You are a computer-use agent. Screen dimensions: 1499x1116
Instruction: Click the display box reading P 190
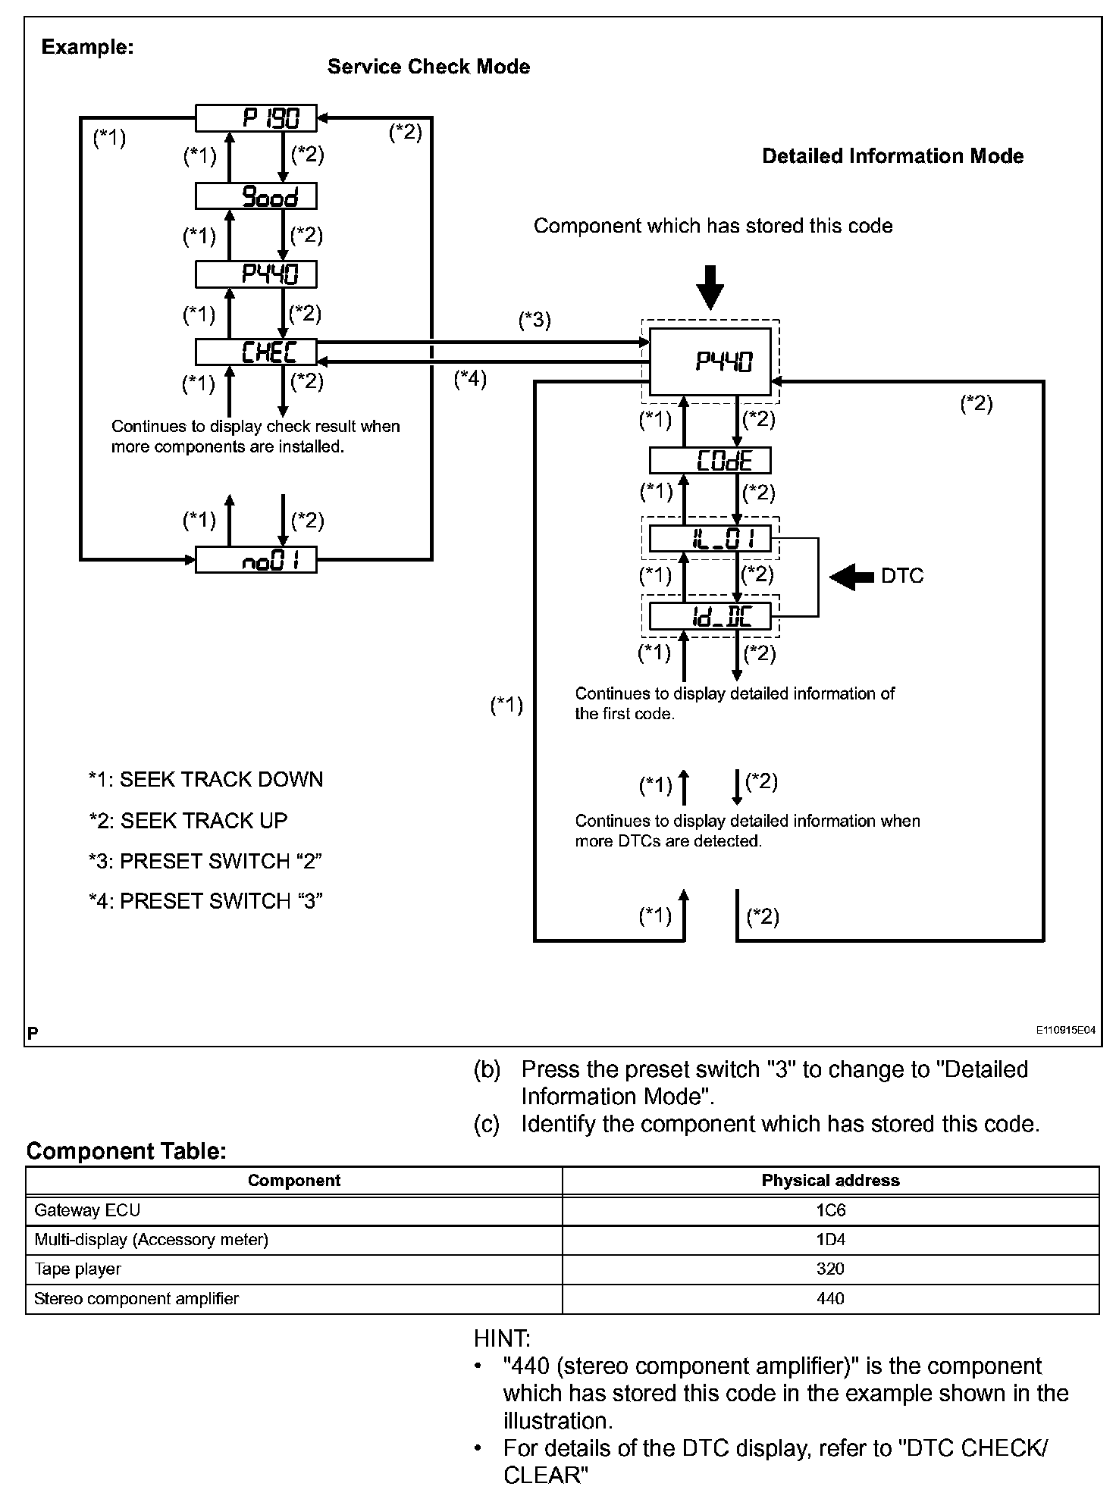click(x=256, y=117)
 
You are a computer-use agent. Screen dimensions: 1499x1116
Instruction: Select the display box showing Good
click(x=256, y=196)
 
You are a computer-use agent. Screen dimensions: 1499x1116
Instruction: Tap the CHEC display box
click(x=256, y=352)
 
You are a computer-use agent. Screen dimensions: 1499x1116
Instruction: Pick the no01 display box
click(x=256, y=559)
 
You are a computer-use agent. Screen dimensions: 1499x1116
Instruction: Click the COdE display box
click(x=710, y=461)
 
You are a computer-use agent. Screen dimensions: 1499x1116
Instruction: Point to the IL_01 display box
click(x=710, y=539)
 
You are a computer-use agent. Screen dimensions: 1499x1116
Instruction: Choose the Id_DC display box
click(x=710, y=616)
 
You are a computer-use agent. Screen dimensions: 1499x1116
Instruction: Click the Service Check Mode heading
click(x=428, y=67)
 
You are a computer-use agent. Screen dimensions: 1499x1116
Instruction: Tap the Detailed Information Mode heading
click(x=892, y=156)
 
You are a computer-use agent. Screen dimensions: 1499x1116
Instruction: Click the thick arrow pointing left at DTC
click(x=852, y=577)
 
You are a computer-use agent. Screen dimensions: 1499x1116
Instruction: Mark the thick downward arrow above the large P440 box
click(x=710, y=286)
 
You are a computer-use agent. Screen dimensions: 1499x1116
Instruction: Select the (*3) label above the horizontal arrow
click(x=534, y=320)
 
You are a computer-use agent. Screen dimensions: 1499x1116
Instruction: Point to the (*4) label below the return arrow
click(x=470, y=379)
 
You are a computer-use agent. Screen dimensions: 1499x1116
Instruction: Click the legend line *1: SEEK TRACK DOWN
click(x=205, y=780)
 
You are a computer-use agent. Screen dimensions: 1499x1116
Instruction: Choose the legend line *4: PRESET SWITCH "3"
click(x=205, y=901)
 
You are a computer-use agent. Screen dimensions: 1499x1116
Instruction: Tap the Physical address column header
click(x=830, y=1180)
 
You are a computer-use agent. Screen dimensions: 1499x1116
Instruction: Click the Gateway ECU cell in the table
click(x=87, y=1210)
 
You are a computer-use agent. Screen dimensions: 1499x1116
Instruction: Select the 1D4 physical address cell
click(x=830, y=1240)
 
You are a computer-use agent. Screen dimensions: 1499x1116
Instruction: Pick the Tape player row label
click(x=77, y=1269)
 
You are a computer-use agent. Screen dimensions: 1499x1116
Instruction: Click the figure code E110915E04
click(x=1066, y=1031)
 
